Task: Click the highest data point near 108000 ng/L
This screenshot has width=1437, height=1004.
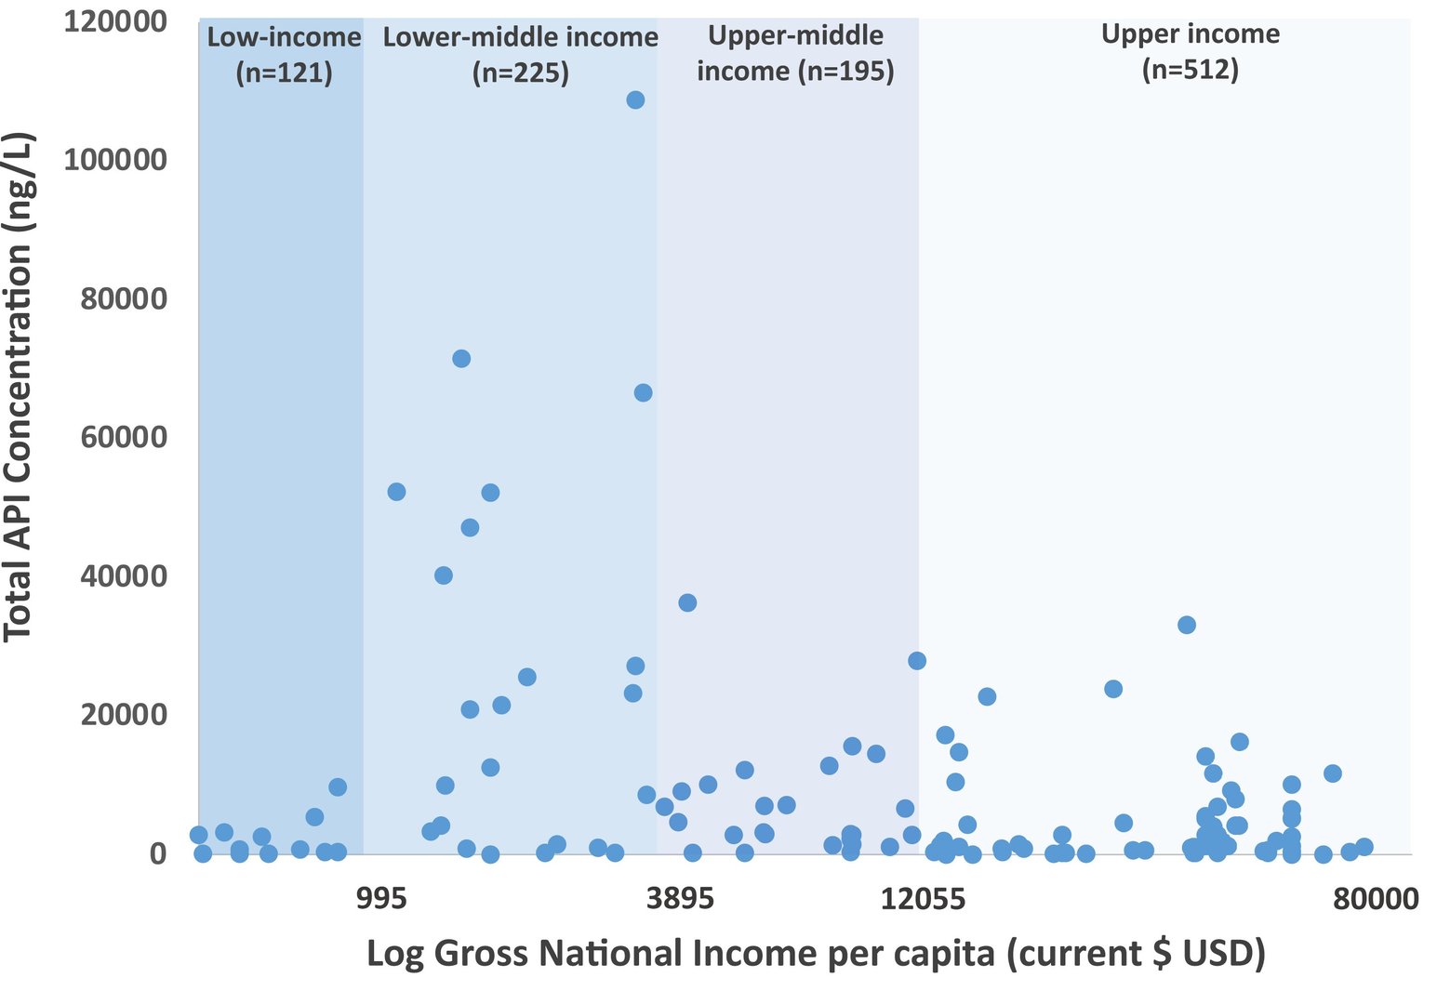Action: tap(635, 99)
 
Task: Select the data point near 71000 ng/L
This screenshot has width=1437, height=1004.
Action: tap(461, 359)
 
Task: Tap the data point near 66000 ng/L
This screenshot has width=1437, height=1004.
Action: tap(643, 393)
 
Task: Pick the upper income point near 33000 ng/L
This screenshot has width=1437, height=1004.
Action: tap(1186, 625)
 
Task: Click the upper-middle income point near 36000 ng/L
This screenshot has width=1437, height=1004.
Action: tap(687, 602)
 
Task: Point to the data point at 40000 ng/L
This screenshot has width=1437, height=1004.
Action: tap(444, 575)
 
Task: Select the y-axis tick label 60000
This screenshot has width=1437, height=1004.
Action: tap(124, 437)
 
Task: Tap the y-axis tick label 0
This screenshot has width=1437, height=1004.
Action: tap(157, 853)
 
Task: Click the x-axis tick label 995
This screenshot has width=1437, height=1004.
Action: tap(381, 899)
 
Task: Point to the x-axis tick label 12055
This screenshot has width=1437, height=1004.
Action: tap(923, 899)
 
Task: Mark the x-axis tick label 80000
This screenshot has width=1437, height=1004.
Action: tap(1375, 899)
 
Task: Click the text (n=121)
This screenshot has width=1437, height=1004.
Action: tap(284, 73)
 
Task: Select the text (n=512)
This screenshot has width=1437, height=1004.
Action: tap(1191, 70)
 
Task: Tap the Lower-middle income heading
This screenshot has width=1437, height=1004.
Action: tap(521, 38)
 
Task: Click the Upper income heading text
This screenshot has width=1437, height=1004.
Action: tap(1191, 34)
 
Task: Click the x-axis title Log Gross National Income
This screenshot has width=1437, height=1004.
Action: tap(816, 955)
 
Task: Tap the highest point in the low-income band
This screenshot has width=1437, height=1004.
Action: tap(338, 787)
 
